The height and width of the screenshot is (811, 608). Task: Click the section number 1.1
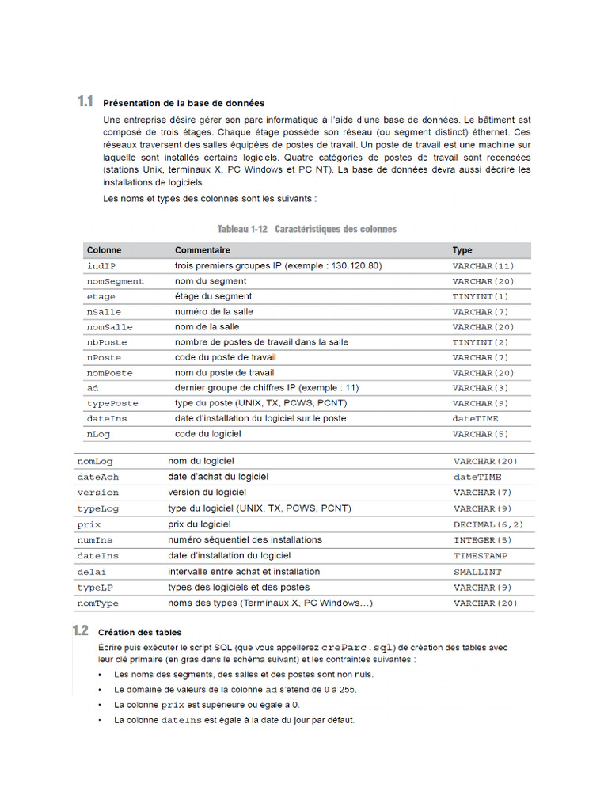[85, 101]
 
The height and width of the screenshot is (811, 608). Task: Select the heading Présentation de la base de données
[184, 103]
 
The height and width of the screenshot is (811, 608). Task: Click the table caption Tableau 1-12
[242, 229]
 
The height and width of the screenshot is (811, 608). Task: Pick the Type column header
[462, 250]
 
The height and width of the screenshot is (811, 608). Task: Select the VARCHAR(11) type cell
[483, 266]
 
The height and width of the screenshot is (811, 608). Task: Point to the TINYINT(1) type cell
[481, 297]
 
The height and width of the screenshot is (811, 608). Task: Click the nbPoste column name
[107, 342]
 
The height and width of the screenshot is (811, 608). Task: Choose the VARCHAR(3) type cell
[480, 388]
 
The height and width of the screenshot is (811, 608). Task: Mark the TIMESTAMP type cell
[481, 556]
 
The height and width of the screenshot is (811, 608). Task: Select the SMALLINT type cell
[477, 572]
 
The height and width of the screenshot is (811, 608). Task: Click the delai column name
[91, 572]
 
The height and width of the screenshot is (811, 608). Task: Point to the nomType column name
[97, 603]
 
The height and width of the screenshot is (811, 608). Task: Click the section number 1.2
[80, 631]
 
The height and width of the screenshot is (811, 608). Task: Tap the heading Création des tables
[139, 632]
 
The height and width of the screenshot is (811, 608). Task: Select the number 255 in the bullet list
[345, 690]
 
